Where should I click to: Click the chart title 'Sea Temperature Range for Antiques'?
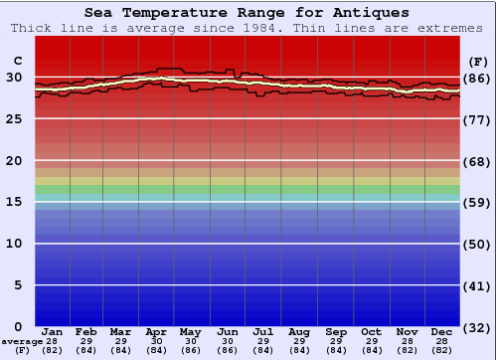[247, 12]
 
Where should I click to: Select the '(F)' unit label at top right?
[478, 61]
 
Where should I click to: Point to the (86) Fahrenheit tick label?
[478, 78]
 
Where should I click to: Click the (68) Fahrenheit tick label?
[478, 161]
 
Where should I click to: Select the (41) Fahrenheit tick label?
[478, 285]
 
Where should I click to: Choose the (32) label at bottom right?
[478, 327]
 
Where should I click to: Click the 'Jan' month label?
[52, 331]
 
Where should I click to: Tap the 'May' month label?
[189, 331]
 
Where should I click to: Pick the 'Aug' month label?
[298, 331]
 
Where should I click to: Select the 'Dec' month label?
[442, 331]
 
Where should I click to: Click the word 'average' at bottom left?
[21, 341]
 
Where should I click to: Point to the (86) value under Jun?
[227, 350]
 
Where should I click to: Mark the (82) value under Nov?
[407, 350]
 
